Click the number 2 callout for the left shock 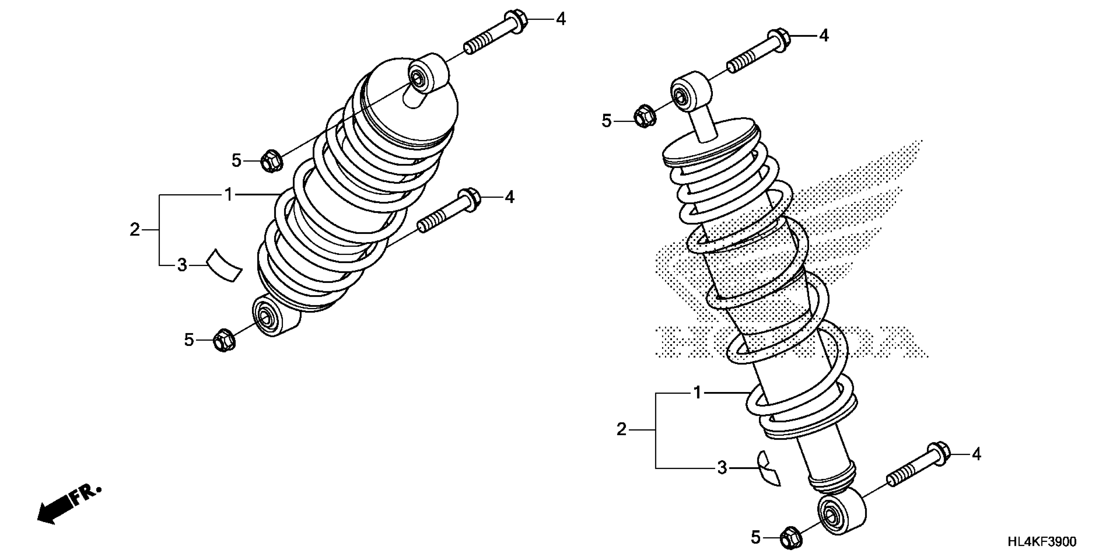pos(135,230)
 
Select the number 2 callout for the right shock pos(622,430)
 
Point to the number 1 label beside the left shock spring pos(229,195)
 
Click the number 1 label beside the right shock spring pos(697,393)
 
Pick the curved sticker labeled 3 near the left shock pos(224,266)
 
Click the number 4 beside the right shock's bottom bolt pos(976,455)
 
